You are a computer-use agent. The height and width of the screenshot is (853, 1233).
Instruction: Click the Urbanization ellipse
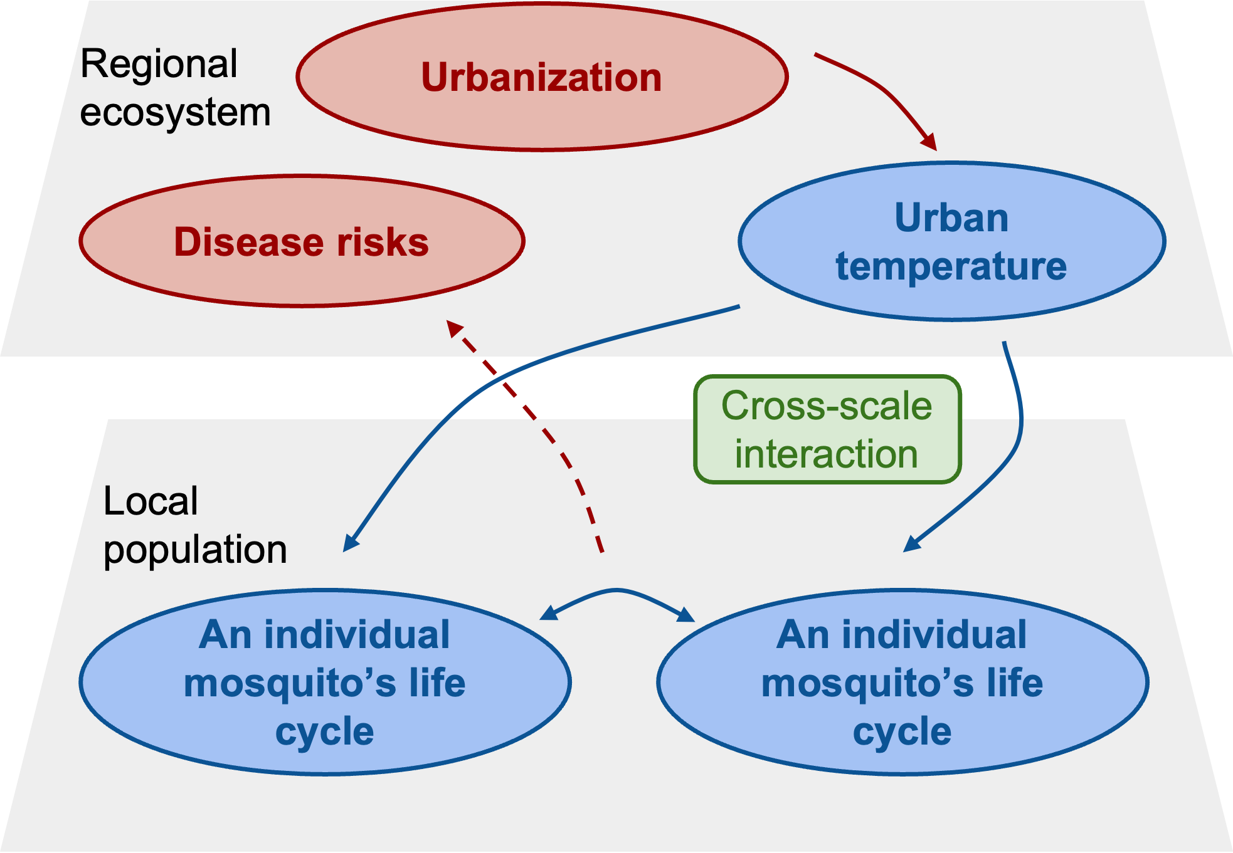tap(541, 76)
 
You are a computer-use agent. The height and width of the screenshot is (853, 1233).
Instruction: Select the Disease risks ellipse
tap(302, 241)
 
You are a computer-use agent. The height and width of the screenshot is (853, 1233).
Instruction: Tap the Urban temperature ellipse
tap(951, 242)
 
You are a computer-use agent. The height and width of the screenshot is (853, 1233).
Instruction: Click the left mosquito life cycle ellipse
tap(325, 682)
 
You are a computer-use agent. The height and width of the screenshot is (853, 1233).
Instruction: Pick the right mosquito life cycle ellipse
tap(902, 682)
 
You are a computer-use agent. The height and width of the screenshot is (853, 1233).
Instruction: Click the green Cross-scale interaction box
tap(827, 430)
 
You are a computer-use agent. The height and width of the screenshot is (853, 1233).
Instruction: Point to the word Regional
tap(159, 64)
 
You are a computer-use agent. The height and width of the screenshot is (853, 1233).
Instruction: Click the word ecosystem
tap(176, 113)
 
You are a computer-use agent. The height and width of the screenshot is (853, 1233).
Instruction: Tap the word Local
tap(151, 501)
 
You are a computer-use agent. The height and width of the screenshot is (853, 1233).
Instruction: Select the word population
tap(195, 550)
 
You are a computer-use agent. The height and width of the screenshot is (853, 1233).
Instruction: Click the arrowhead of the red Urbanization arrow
tap(931, 143)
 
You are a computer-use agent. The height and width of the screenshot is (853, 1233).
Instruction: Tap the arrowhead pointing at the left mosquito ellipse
tap(350, 544)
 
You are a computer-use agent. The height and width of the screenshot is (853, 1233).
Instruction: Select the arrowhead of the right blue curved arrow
tap(911, 544)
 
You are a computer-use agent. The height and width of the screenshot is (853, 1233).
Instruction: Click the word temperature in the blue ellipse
tap(951, 266)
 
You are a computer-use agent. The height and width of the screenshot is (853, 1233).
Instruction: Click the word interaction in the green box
tap(827, 454)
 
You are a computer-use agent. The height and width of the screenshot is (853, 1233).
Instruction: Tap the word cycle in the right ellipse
tap(902, 731)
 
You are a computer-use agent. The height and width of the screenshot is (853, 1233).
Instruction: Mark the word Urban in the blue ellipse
tap(951, 218)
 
